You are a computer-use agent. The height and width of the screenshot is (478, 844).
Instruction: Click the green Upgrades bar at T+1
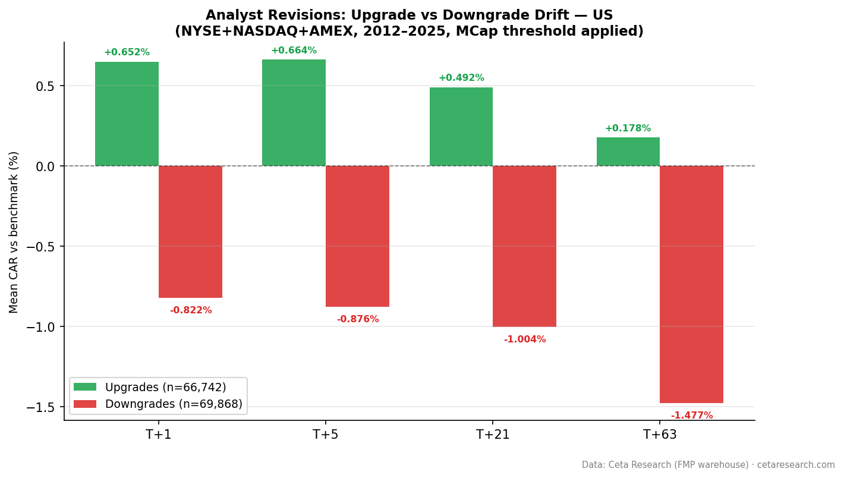127,114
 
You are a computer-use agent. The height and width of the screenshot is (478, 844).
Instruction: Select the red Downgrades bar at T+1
190,232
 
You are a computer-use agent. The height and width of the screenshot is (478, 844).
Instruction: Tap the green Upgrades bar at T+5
294,112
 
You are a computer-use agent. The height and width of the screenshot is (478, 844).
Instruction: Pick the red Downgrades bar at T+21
524,246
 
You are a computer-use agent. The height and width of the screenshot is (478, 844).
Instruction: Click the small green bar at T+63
628,152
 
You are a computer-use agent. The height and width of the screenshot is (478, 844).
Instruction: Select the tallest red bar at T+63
691,284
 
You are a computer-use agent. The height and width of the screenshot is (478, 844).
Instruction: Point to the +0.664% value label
294,51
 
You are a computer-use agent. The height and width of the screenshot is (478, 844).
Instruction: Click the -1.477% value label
691,416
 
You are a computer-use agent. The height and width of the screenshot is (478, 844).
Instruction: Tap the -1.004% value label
524,339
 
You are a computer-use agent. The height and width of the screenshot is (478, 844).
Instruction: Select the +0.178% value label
628,128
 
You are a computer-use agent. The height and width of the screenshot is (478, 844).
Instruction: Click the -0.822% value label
190,310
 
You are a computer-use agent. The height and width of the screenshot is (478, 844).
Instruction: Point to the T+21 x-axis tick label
492,435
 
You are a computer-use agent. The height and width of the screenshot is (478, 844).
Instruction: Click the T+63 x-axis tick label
660,435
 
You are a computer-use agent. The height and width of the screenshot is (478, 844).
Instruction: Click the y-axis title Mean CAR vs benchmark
14,232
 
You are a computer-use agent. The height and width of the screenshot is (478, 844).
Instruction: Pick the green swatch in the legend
85,387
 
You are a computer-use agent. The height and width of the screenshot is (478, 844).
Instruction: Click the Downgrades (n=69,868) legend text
174,404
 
